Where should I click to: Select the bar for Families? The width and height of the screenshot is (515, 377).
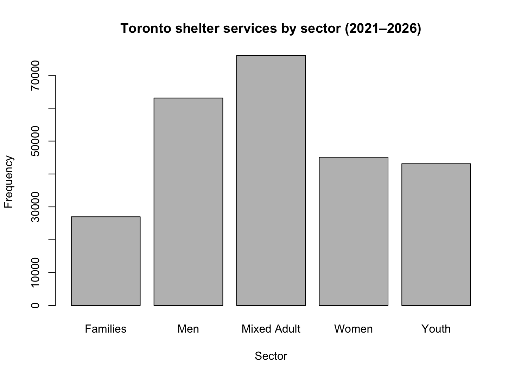106,261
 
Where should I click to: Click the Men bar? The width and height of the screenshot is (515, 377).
188,202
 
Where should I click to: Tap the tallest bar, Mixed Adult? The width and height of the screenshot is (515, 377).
271,180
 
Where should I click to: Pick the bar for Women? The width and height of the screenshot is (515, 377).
354,231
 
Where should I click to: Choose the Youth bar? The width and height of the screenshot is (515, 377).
436,235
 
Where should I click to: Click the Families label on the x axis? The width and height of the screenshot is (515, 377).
106,329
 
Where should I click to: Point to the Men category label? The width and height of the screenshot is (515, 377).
188,329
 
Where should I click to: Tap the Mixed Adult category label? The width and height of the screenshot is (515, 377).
271,329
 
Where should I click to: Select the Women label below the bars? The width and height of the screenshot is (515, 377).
354,329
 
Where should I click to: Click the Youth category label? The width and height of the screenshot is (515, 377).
436,329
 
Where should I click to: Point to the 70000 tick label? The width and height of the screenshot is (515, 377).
35,75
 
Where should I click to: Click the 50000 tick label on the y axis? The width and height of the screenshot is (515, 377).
35,141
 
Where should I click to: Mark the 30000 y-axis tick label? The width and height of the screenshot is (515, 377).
35,207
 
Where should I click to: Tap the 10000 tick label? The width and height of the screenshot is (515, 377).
35,272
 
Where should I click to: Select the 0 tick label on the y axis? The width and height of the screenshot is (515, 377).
35,305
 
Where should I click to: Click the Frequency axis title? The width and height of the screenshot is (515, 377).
8,182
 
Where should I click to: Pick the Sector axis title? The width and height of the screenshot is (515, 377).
271,356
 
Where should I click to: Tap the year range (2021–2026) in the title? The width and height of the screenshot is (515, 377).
383,29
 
